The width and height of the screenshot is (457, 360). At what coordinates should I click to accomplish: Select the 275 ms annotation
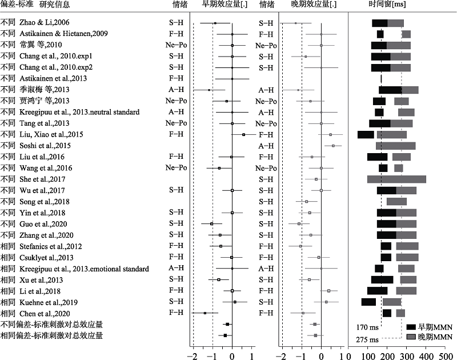click(x=367, y=339)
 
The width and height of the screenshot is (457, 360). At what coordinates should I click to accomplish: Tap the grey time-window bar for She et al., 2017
click(x=396, y=179)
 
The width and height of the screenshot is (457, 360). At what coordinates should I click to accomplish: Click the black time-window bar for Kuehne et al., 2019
click(x=368, y=302)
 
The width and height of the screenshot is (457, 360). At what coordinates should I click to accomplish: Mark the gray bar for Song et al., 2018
click(x=396, y=201)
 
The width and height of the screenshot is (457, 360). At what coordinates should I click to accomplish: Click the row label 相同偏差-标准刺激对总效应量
click(x=51, y=335)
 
